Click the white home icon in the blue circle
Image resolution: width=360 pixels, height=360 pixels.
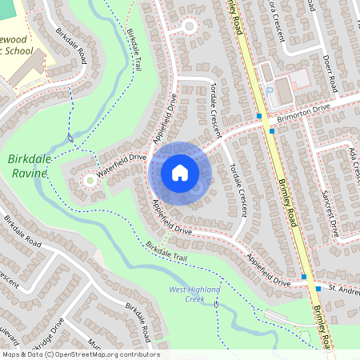tap(180, 173)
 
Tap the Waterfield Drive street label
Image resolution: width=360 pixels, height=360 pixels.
tap(122, 164)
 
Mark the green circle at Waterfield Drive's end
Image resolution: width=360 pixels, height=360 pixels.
tap(89, 181)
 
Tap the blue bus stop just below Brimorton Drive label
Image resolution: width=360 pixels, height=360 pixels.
tap(272, 130)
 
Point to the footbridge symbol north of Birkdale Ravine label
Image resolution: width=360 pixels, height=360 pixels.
tap(71, 138)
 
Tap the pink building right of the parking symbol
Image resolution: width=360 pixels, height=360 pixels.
tap(298, 79)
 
